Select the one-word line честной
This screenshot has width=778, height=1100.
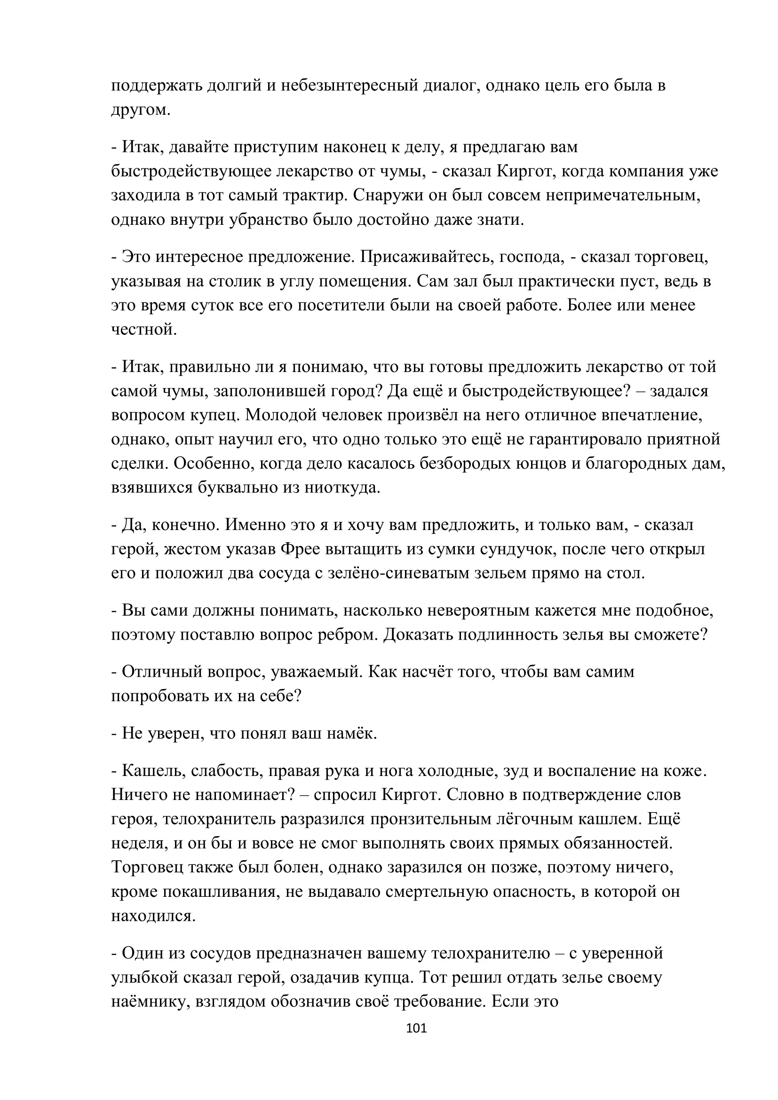[x=144, y=330]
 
